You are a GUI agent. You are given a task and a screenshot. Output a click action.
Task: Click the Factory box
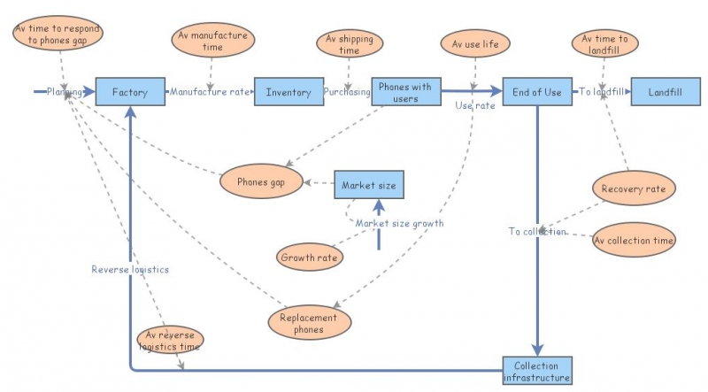click(129, 92)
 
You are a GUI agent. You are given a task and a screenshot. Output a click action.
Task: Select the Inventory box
click(289, 92)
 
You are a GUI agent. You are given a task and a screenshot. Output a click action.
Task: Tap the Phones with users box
click(405, 92)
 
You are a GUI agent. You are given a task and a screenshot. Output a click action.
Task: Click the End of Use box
click(537, 92)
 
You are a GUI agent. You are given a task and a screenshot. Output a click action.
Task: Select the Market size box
click(369, 186)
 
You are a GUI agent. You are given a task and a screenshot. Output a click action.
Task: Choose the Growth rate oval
click(309, 257)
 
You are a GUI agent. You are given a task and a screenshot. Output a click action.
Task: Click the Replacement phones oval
click(309, 324)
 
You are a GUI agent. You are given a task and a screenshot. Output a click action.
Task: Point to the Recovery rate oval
click(633, 188)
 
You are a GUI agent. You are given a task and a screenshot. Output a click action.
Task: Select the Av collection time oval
click(634, 240)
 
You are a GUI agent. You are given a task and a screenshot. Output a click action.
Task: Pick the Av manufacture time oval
click(212, 39)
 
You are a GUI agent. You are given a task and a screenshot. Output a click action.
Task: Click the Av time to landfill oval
click(604, 43)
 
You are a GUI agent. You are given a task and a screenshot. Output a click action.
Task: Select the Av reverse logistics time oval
click(171, 340)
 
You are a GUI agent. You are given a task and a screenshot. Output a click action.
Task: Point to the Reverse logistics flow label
click(129, 268)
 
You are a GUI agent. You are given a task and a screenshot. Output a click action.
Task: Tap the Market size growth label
click(399, 223)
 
